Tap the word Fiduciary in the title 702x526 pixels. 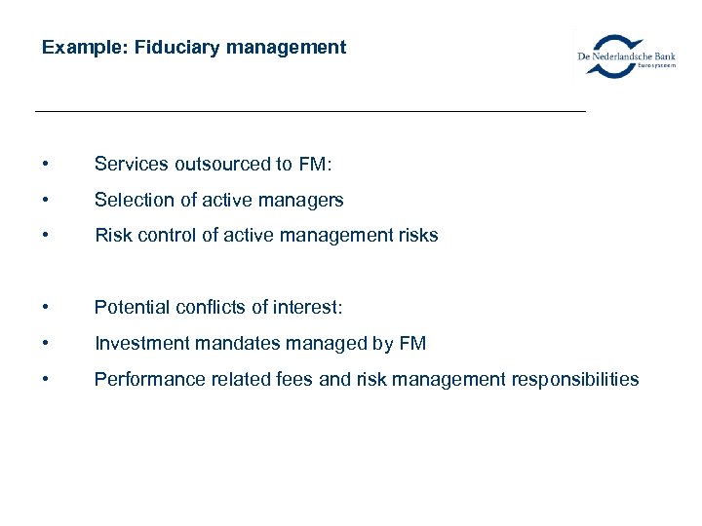click(x=164, y=47)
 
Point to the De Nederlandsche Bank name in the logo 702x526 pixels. click(x=626, y=56)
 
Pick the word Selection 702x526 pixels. click(x=131, y=200)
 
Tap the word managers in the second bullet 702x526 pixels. click(x=301, y=200)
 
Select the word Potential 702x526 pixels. click(x=131, y=308)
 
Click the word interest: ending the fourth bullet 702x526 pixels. click(x=306, y=308)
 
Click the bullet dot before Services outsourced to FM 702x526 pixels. click(x=46, y=165)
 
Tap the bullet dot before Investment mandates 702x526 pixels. click(x=46, y=344)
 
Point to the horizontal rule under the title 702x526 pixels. click(x=310, y=112)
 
